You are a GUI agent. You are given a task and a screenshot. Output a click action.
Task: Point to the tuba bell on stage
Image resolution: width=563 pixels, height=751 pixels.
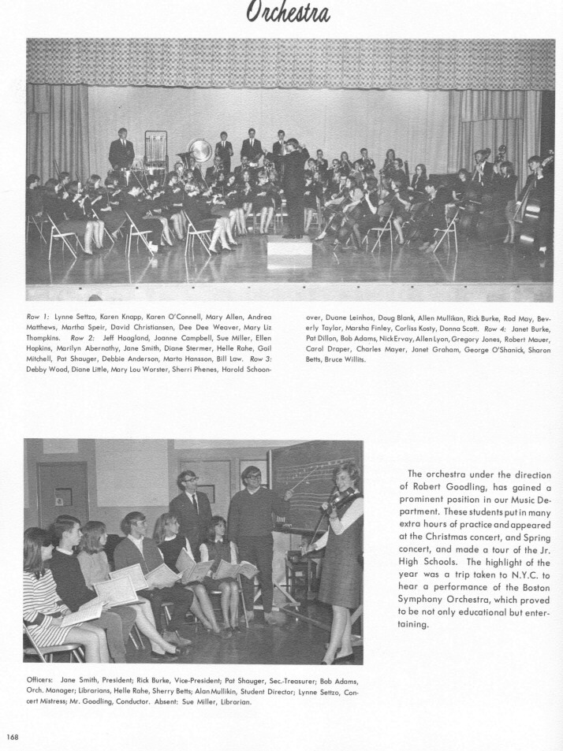click(x=199, y=150)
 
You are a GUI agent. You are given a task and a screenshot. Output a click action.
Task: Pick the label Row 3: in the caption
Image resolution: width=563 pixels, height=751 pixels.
click(x=262, y=358)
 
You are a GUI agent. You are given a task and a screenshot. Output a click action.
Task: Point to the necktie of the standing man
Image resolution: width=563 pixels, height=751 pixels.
click(x=194, y=504)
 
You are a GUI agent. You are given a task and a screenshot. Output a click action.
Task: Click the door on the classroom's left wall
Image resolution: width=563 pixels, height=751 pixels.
click(x=61, y=496)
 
